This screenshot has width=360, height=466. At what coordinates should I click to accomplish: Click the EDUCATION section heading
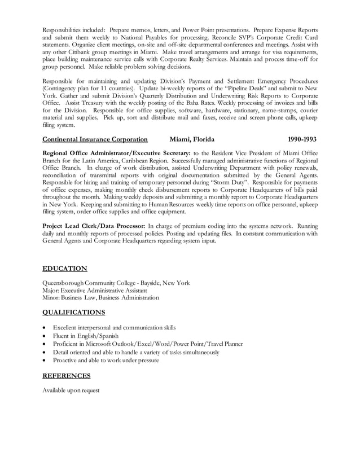(65, 269)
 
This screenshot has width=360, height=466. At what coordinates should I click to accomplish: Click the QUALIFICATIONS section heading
(74, 312)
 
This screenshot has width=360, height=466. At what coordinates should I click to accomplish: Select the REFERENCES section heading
(67, 375)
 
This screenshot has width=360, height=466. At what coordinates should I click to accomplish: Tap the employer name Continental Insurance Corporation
(95, 139)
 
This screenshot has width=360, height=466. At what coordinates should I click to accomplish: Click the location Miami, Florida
(191, 139)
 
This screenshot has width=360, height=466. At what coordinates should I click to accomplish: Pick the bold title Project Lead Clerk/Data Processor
(94, 226)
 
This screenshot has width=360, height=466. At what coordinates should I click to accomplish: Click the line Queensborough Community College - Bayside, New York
(116, 283)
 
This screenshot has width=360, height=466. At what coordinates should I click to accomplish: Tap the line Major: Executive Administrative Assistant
(95, 291)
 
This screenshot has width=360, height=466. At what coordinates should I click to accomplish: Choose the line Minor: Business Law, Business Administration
(100, 298)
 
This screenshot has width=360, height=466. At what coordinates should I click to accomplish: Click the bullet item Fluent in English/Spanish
(86, 336)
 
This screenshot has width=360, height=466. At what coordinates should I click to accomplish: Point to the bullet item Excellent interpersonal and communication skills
(114, 328)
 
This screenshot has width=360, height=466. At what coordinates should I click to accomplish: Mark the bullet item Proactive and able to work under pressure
(106, 360)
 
